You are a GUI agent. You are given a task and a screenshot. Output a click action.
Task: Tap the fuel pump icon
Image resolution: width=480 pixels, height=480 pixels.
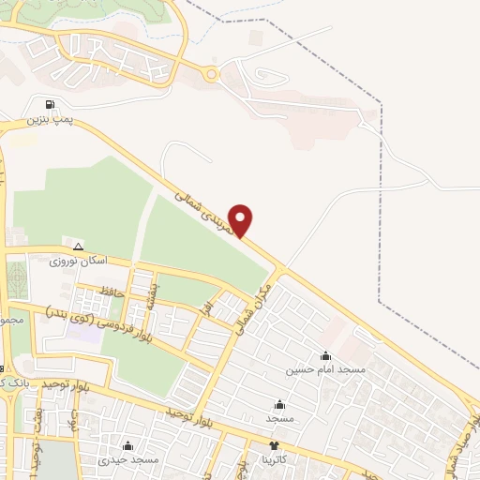pyautogui.click(x=49, y=104)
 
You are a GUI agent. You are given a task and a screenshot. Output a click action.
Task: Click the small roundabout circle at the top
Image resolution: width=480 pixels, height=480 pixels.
pyautogui.click(x=211, y=73)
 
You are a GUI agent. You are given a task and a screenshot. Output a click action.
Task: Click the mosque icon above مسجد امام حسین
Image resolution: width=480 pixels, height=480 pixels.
pyautogui.click(x=325, y=356)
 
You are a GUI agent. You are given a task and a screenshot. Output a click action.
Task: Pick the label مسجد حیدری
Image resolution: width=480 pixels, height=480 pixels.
pyautogui.click(x=128, y=460)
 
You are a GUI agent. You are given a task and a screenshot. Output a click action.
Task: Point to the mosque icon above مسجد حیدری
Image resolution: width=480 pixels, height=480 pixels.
pyautogui.click(x=127, y=445)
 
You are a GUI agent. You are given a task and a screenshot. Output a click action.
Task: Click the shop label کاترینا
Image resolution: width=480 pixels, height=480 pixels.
pyautogui.click(x=275, y=460)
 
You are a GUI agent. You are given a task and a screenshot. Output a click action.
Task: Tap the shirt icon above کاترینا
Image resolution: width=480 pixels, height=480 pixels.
pyautogui.click(x=274, y=446)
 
